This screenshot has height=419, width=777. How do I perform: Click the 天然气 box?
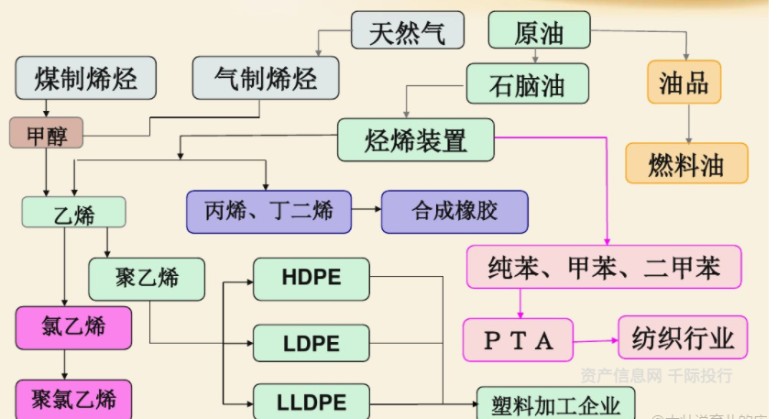point(407,30)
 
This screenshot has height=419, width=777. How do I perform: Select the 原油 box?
point(538,30)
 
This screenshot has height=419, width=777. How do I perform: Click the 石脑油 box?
point(527,84)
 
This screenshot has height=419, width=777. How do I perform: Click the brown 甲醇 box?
point(46,135)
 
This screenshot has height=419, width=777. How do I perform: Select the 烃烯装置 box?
point(416,139)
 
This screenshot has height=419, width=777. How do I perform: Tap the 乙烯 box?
point(73,213)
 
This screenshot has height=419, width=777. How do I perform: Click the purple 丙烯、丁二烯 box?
point(269,212)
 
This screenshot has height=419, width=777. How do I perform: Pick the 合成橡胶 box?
point(454,212)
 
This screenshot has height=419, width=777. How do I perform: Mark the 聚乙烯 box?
point(147,278)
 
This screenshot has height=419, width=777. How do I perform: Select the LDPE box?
point(311,344)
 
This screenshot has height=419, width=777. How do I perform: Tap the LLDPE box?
point(311,402)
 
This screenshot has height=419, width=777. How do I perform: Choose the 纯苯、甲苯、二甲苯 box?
point(603,267)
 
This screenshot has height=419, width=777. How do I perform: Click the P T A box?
point(518,340)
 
